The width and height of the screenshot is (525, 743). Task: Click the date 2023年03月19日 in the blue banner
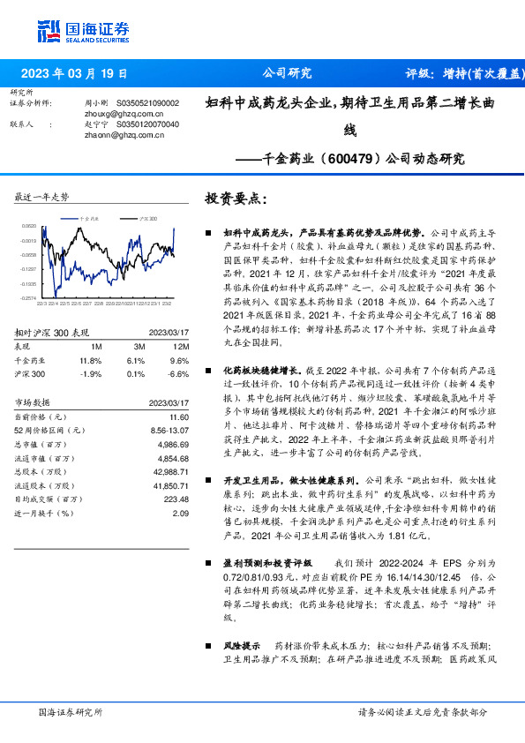73,74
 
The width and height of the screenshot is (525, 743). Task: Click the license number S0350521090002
147,103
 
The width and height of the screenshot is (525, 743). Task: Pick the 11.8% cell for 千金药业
91,360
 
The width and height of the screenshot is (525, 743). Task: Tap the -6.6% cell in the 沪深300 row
179,373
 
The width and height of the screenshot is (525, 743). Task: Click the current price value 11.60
179,417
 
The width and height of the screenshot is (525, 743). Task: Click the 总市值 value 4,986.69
173,446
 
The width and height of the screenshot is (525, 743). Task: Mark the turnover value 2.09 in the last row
181,513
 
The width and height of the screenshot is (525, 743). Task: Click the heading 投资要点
235,199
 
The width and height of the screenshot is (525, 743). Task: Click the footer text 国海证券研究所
71,711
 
